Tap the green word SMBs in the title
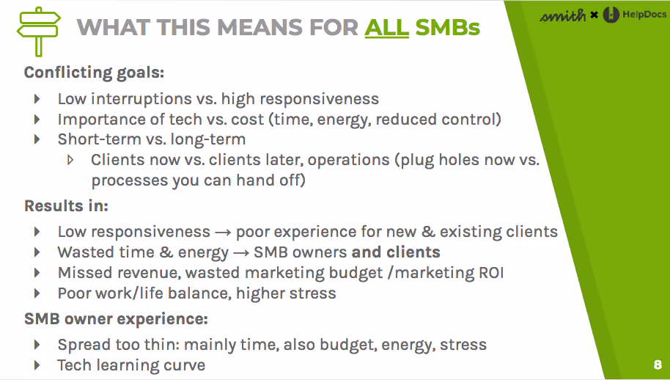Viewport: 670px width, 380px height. tap(447, 28)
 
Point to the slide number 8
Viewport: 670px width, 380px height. tap(657, 365)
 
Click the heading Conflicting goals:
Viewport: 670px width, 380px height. tap(94, 73)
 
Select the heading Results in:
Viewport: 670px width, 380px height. tap(66, 206)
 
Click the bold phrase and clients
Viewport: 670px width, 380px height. tap(396, 252)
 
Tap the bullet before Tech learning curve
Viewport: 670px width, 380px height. tap(38, 365)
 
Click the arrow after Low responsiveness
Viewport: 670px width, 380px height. tap(223, 233)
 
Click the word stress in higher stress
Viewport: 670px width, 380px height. tap(311, 293)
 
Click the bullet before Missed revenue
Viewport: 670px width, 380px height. tap(38, 273)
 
